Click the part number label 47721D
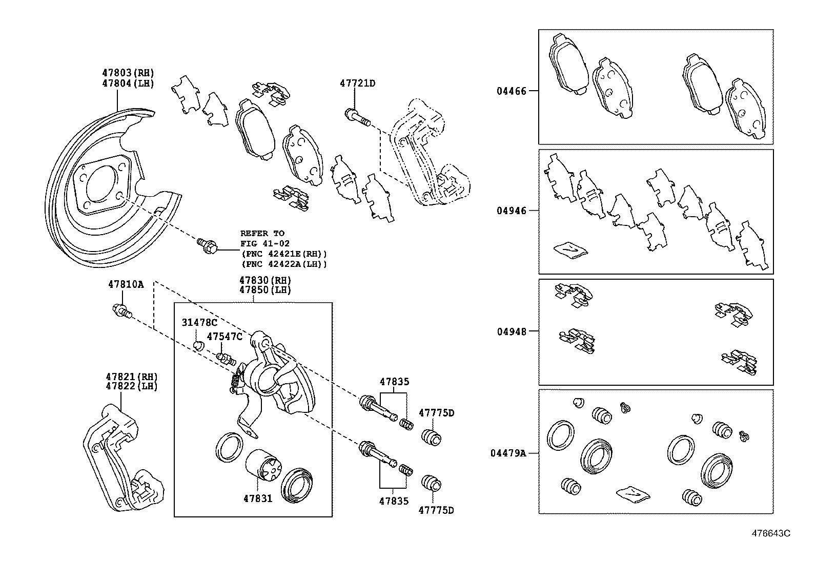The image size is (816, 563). [x=357, y=83]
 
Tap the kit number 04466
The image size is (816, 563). [x=511, y=91]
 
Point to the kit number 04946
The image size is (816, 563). [x=511, y=211]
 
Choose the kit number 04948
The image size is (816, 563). [x=511, y=331]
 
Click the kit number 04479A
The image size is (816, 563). [x=508, y=453]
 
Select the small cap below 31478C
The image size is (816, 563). [x=199, y=345]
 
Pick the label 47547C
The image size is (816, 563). [x=224, y=336]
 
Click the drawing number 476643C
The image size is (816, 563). [x=770, y=533]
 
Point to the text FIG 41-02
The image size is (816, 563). [x=264, y=243]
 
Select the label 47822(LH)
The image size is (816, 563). [x=132, y=386]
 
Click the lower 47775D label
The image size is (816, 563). [x=436, y=510]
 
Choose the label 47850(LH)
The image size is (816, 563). [x=265, y=290]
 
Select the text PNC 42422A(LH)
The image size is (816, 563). [x=284, y=264]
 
